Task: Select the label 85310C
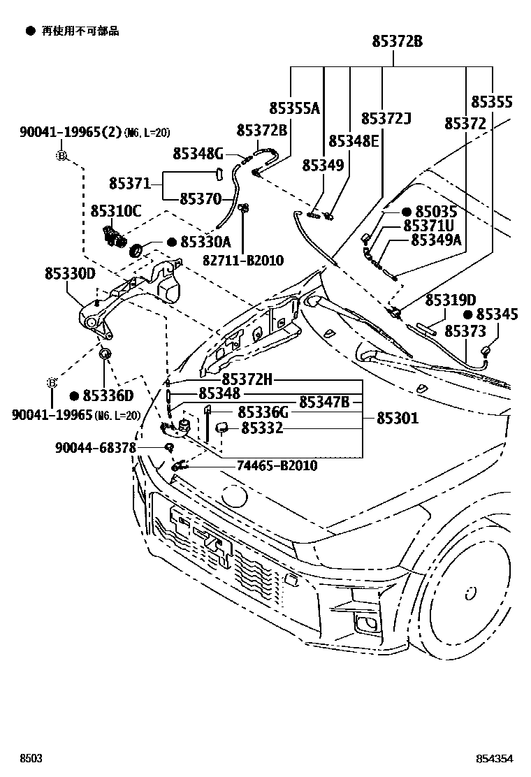coord(115,210)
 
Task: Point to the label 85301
coord(398,419)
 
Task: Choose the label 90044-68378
coord(95,447)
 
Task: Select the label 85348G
coord(198,153)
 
